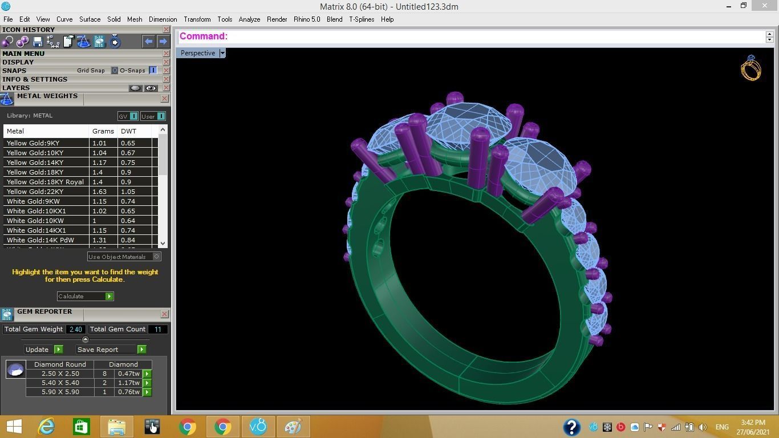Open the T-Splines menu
pyautogui.click(x=362, y=19)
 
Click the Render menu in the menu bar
pyautogui.click(x=277, y=19)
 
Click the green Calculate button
pyautogui.click(x=109, y=296)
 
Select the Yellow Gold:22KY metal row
pyautogui.click(x=35, y=192)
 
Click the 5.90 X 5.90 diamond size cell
pyautogui.click(x=60, y=392)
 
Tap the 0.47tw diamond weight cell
pyautogui.click(x=128, y=374)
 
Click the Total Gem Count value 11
pyautogui.click(x=157, y=329)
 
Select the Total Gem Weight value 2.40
pyautogui.click(x=75, y=329)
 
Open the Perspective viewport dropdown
pyautogui.click(x=222, y=53)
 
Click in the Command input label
pyautogui.click(x=204, y=36)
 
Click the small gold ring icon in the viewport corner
pyautogui.click(x=750, y=68)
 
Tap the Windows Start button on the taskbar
pyautogui.click(x=14, y=427)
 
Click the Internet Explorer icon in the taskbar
pyautogui.click(x=46, y=427)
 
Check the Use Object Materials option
pyautogui.click(x=156, y=257)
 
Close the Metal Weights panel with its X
pyautogui.click(x=164, y=99)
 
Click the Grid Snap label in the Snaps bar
pyautogui.click(x=91, y=71)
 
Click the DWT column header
pyautogui.click(x=128, y=131)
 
